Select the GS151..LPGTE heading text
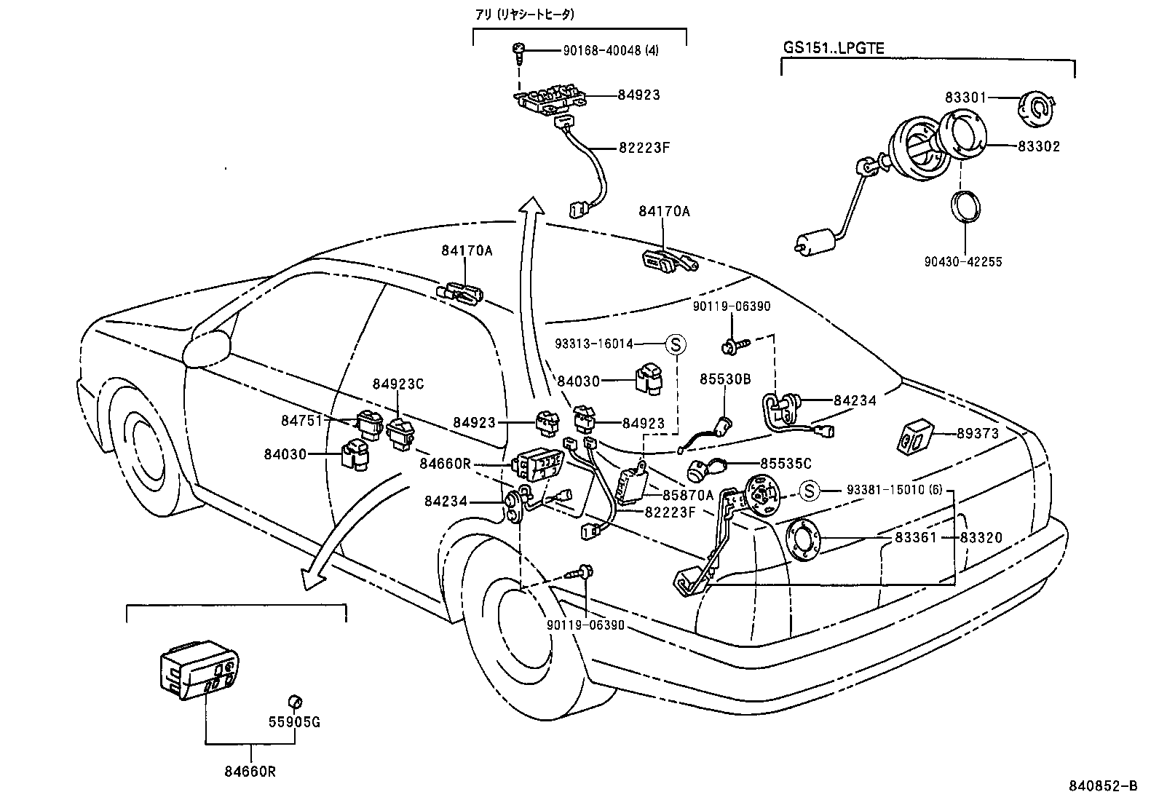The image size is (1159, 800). (834, 47)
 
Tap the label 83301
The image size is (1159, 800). (966, 98)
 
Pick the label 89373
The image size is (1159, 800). (978, 433)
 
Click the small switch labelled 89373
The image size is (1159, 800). (913, 436)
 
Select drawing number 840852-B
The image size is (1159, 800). (1104, 786)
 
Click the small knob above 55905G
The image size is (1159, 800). (295, 701)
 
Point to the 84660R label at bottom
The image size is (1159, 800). (251, 772)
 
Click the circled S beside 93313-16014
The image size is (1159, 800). (675, 344)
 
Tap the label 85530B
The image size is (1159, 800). (725, 379)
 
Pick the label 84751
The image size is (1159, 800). (302, 420)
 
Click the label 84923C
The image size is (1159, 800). (398, 384)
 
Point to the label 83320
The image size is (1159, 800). (981, 538)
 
